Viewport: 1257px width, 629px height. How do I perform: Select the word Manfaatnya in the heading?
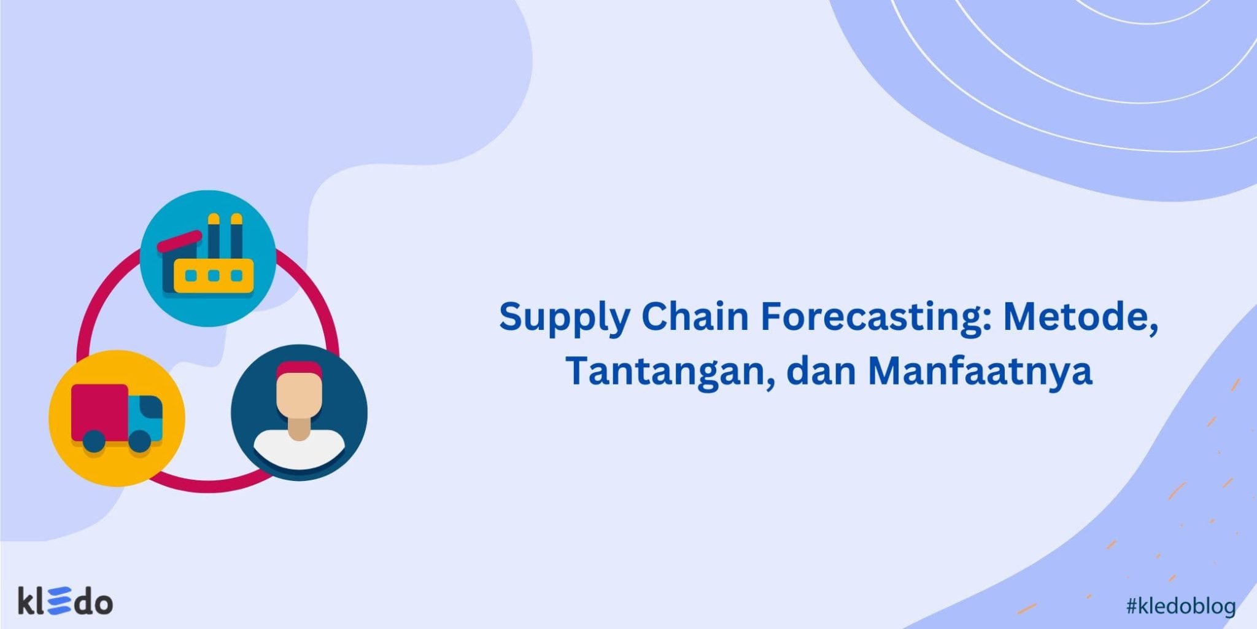click(980, 372)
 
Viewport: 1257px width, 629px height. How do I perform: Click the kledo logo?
click(65, 601)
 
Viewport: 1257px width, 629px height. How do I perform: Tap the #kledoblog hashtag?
click(1180, 606)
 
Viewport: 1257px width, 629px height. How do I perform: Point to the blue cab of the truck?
click(146, 415)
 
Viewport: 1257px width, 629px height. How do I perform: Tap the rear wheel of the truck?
click(94, 441)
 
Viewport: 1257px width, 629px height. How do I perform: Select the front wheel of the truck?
click(140, 441)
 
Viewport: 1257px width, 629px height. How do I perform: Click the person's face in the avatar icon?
click(299, 396)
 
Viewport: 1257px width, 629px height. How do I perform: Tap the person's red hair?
click(299, 370)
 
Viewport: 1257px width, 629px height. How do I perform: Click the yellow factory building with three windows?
click(214, 276)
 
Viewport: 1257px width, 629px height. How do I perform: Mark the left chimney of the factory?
click(214, 236)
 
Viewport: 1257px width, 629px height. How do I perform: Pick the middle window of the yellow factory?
click(214, 276)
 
